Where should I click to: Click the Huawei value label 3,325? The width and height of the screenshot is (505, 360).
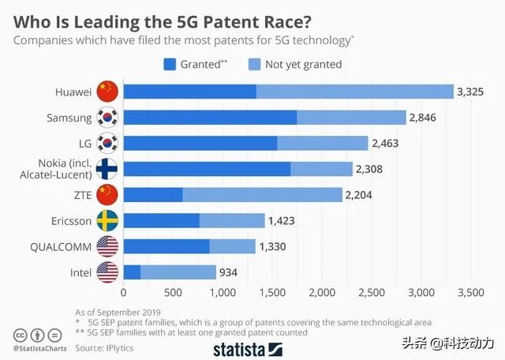click(471, 92)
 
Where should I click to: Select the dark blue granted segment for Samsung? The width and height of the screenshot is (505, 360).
click(210, 118)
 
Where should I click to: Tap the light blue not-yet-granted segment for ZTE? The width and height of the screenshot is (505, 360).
click(262, 194)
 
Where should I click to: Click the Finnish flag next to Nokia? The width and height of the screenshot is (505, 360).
click(107, 169)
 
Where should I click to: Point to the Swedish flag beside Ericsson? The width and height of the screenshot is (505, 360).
click(107, 220)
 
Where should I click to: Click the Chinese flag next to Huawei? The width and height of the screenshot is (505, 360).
click(107, 92)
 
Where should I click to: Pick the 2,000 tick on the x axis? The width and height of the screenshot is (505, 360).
click(323, 293)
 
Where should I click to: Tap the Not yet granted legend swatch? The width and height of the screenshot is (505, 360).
click(254, 64)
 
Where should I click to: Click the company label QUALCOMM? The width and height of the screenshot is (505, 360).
click(62, 246)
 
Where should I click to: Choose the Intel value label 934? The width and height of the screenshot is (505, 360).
click(228, 272)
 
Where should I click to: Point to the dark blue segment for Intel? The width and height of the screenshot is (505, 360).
click(133, 272)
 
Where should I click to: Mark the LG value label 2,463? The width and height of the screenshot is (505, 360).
click(386, 143)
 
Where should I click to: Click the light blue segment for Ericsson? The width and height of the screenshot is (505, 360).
click(232, 220)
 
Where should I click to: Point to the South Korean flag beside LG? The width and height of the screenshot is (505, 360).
click(107, 143)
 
